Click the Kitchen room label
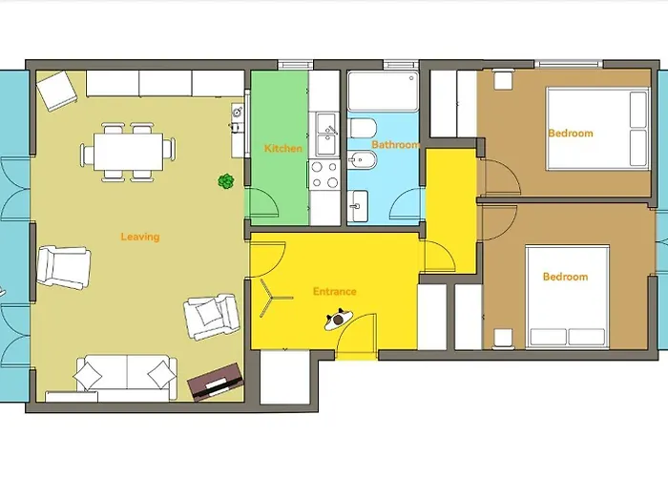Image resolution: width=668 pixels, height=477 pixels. pos(283,148)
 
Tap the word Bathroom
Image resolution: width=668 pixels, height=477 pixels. pos(396,144)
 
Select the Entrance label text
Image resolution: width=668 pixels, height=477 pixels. pos(334,291)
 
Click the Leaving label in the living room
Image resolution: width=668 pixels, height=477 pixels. pos(140,237)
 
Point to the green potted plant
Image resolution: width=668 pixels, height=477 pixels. pos(226,181)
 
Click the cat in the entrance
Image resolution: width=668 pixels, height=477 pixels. pos(339,319)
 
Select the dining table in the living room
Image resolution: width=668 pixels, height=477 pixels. pos(128,152)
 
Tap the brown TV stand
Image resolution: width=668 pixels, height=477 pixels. pos(216,382)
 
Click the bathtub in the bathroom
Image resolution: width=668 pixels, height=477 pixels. pos(383,92)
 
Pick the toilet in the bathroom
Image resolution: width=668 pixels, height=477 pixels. pos(363,128)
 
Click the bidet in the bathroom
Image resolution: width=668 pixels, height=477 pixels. pos(362,161)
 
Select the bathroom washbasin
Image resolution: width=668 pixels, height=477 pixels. pos(358,206)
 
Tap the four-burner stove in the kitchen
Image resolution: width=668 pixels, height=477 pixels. pos(324,175)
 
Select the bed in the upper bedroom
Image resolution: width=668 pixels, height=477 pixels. pos(597,129)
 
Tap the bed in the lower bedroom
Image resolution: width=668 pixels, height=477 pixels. pos(567,297)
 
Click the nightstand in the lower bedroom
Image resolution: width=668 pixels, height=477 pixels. pos(503,339)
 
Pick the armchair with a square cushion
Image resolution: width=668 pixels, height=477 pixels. pos(212,317)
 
